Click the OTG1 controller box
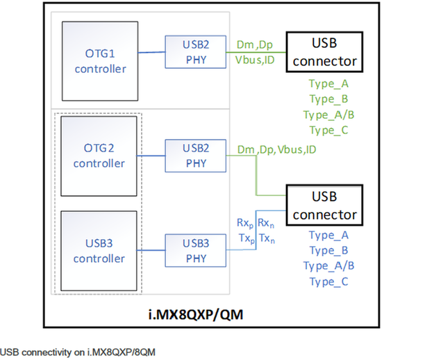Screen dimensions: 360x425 tap(100, 60)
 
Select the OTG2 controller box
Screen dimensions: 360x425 tap(99, 156)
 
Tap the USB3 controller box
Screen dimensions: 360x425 tap(99, 251)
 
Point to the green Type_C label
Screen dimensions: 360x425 tap(328, 130)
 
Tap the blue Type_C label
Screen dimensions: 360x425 tap(328, 281)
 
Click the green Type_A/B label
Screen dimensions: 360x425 tap(328, 115)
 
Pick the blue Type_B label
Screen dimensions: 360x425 tap(328, 250)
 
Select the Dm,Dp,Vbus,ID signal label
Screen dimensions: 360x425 tap(276, 149)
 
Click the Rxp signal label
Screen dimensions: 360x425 tap(244, 223)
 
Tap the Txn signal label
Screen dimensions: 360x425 tap(267, 238)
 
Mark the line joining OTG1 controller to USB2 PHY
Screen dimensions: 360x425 tap(151, 53)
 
